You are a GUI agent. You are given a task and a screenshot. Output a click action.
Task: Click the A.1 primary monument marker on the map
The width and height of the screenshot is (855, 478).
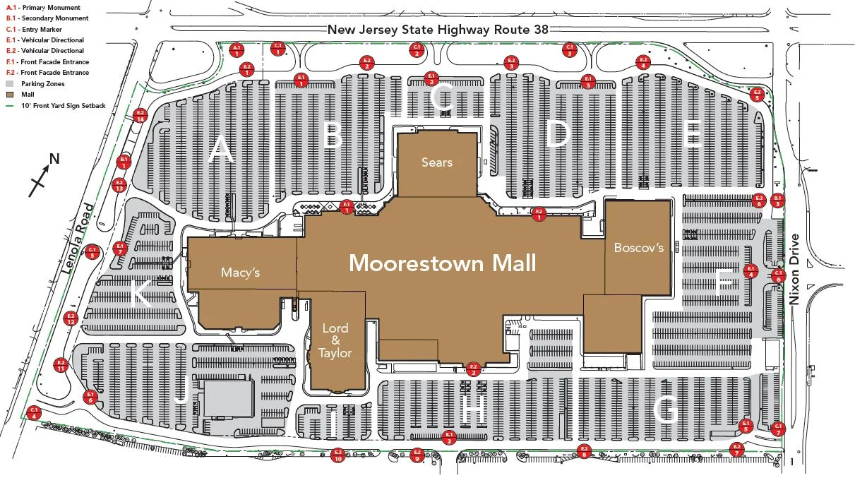237,49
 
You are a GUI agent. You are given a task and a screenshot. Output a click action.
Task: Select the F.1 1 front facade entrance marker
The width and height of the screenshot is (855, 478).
347,206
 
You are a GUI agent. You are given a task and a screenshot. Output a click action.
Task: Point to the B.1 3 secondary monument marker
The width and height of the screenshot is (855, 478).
777,200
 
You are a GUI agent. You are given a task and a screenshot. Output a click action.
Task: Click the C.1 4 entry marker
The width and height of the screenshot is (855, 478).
33,412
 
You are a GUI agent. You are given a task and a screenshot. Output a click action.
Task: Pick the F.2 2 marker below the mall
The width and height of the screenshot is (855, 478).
474,368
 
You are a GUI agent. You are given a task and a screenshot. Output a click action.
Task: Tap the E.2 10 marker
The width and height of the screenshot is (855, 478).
337,455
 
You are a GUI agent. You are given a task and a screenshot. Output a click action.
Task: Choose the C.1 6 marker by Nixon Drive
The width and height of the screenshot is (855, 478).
779,275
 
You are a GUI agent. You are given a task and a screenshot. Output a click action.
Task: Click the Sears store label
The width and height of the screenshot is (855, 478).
436,162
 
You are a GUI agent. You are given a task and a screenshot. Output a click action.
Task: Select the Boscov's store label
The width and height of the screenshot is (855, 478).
638,248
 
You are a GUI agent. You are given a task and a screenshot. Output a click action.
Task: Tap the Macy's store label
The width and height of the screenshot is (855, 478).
241,273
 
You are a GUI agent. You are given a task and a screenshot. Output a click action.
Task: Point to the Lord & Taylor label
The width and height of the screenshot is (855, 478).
335,340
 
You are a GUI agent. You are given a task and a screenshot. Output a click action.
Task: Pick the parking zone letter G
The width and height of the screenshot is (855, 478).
666,410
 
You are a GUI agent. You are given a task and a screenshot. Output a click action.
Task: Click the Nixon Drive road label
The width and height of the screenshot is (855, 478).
796,269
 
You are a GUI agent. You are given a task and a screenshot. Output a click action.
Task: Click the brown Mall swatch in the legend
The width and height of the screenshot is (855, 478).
10,95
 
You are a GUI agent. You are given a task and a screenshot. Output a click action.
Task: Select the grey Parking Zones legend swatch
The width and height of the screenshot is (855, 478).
10,84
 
